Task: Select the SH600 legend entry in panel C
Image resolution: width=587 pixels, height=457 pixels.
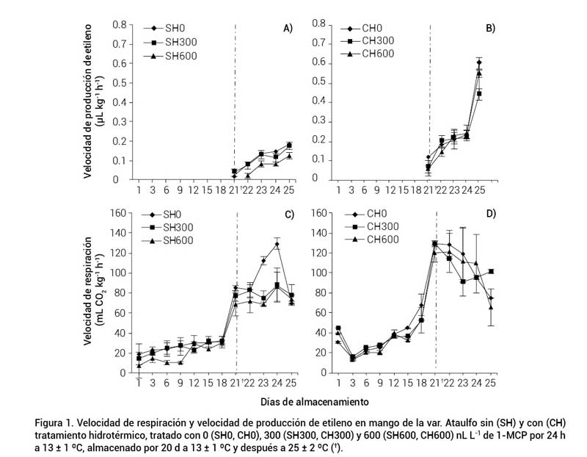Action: pos(175,240)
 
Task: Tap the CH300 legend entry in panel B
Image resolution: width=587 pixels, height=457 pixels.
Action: pos(373,41)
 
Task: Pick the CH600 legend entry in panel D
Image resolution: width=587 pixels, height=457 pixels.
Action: pos(372,240)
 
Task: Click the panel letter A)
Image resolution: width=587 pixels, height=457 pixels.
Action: pos(288,28)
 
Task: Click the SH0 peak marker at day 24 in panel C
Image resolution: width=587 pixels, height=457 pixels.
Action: pos(277,244)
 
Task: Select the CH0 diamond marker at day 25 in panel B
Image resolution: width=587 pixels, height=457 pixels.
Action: pos(479,62)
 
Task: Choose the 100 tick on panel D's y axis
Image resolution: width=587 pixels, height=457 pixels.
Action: pos(318,273)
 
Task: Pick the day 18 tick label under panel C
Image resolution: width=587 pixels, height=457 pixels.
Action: pos(221,384)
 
